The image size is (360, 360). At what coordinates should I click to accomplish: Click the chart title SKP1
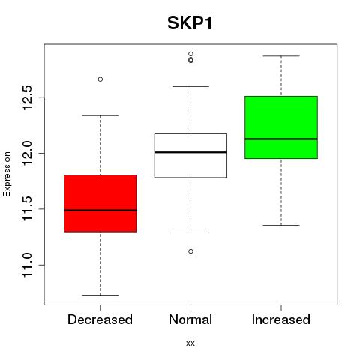190,23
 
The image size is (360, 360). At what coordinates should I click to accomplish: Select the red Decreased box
100,203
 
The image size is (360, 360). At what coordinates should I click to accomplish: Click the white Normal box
190,156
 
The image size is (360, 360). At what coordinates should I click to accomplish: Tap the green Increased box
281,127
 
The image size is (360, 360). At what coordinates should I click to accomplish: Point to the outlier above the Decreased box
100,79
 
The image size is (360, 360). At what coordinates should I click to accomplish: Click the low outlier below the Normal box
190,251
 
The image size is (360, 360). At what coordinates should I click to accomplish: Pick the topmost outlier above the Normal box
190,54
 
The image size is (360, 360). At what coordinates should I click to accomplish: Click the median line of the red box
100,211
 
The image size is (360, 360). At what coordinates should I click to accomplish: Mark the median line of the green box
281,139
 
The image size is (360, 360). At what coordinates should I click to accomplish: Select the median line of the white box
190,152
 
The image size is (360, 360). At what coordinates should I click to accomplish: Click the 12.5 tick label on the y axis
27,97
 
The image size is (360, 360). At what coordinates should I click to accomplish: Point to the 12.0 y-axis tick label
27,153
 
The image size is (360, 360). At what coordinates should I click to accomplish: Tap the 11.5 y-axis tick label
27,209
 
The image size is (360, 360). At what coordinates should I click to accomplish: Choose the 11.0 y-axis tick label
27,265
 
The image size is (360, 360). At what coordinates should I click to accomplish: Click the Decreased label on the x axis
100,319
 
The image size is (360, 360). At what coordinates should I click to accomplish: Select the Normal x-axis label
190,319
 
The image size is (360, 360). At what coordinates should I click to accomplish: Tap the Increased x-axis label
281,319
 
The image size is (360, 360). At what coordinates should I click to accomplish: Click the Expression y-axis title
7,174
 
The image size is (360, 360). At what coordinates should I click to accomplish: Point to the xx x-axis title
190,343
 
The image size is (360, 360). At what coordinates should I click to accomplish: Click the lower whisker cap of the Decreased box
100,295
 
